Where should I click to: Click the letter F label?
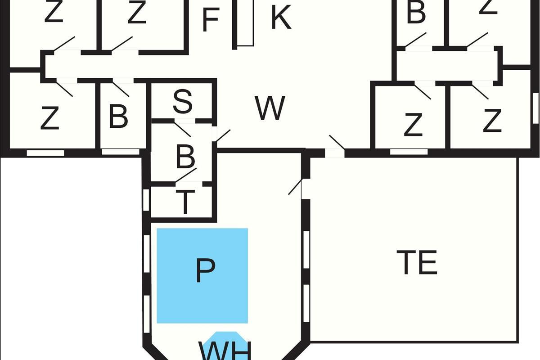211,19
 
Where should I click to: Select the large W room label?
270,108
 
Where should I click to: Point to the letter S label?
183,102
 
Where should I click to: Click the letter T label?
184,202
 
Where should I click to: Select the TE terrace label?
417,262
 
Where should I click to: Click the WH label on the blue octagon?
224,350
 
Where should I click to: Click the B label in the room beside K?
416,13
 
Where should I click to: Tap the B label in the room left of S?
118,117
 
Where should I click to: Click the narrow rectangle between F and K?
245,22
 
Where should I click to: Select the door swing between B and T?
186,175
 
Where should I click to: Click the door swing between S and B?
182,129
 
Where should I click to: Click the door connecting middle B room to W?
223,136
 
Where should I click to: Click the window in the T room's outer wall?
146,200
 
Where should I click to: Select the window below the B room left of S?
120,152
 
